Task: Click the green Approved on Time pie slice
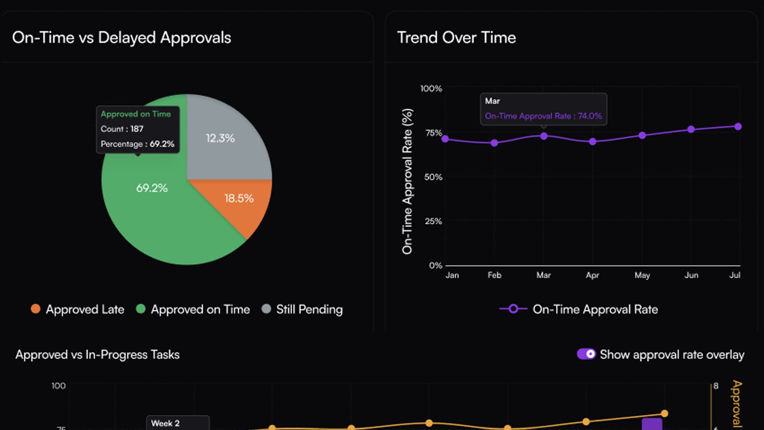(x=159, y=215)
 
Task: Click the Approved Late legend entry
(x=78, y=309)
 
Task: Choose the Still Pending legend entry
(x=302, y=309)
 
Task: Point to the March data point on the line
(x=544, y=136)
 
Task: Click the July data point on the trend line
(x=738, y=127)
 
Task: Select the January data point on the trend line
(x=445, y=139)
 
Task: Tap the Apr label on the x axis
(x=592, y=275)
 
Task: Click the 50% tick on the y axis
(x=433, y=177)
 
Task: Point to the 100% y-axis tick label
(x=431, y=88)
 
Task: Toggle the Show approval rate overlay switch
(x=586, y=354)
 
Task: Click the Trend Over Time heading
(x=456, y=38)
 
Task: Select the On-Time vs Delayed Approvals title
(x=121, y=38)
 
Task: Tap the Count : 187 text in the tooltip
(x=122, y=129)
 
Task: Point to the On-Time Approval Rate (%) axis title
(x=407, y=181)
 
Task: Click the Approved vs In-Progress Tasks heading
(x=97, y=355)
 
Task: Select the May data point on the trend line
(x=642, y=135)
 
